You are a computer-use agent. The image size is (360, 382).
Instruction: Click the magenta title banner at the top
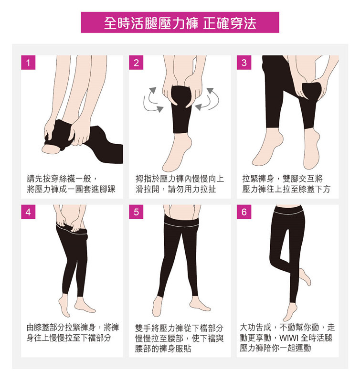click(x=180, y=22)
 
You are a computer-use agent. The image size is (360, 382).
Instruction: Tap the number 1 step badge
click(x=28, y=63)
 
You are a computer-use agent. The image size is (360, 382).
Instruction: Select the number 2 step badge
click(x=136, y=63)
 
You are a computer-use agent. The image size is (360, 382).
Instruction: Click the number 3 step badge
click(x=244, y=63)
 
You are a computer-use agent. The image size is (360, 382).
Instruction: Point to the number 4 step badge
click(x=28, y=212)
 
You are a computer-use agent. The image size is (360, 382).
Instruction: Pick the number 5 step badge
click(x=136, y=212)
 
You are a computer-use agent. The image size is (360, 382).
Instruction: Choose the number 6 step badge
click(x=244, y=212)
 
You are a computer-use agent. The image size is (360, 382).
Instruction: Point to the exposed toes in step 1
click(x=51, y=149)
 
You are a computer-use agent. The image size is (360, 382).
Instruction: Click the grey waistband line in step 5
click(x=181, y=225)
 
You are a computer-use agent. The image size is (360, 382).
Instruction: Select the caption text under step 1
click(x=71, y=184)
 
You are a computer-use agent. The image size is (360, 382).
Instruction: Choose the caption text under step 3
click(x=286, y=184)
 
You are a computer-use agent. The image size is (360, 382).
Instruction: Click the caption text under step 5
click(x=179, y=338)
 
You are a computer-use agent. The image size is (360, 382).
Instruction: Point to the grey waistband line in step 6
click(x=289, y=212)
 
